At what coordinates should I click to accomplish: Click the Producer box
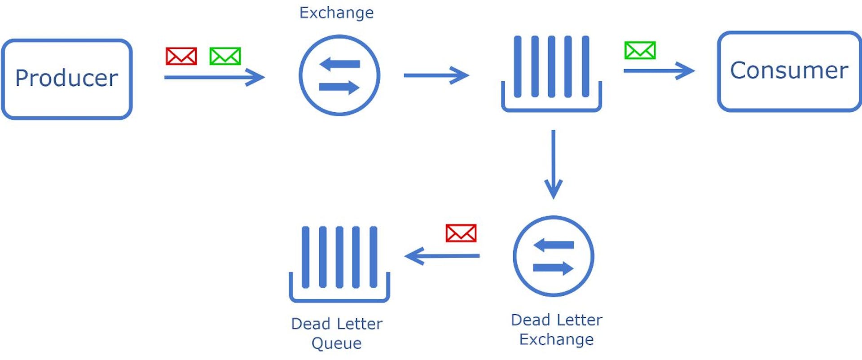coord(67,79)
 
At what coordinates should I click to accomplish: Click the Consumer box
coord(789,71)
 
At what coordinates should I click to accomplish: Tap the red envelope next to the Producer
coord(181,57)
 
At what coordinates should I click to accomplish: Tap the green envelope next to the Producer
coord(225,57)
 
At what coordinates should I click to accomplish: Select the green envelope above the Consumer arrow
coord(640,50)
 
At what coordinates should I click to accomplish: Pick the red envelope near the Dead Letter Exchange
coord(461,233)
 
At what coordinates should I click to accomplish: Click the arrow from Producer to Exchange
coord(214,77)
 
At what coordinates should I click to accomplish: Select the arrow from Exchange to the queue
coord(436,75)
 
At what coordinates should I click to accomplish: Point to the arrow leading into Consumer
coord(659,70)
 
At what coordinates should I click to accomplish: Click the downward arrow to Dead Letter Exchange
coord(553,164)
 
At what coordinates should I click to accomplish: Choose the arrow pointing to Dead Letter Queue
coord(442,256)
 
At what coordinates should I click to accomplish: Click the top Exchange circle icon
coord(339,75)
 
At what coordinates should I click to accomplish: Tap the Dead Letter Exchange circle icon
coord(553,256)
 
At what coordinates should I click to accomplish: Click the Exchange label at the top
coord(336,13)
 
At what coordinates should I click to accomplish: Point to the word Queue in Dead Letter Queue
coord(336,343)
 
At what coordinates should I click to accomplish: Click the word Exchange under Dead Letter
coord(556,339)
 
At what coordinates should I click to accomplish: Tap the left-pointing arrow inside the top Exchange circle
coord(340,64)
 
